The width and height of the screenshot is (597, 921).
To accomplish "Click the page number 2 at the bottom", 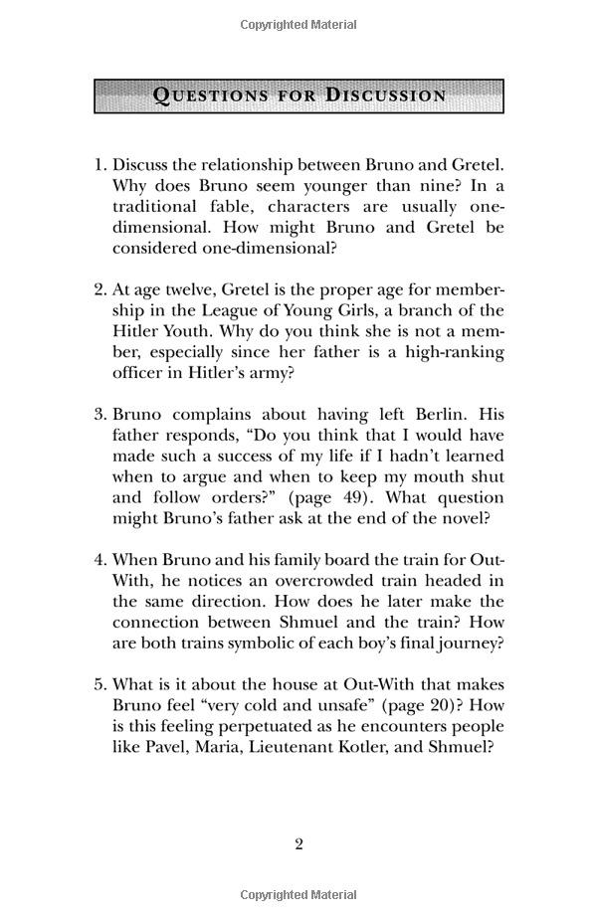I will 298,844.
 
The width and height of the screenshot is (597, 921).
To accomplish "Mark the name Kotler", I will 386,747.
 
